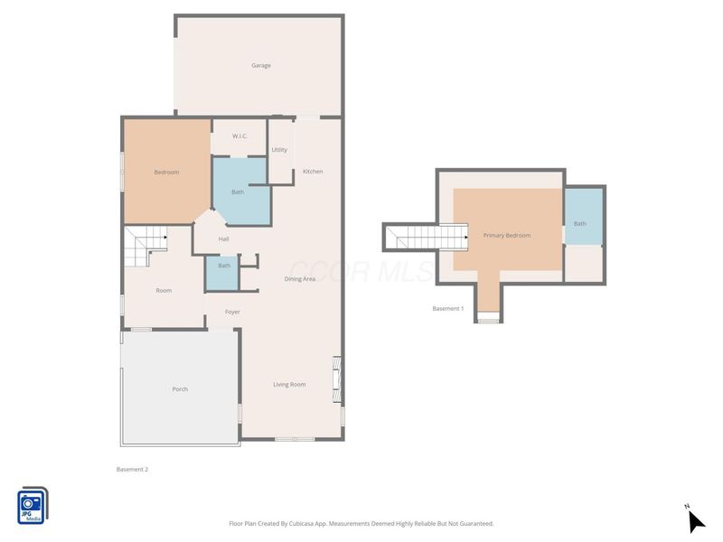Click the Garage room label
261,65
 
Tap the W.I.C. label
239,136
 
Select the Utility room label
279,150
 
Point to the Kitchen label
313,172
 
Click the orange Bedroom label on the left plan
166,172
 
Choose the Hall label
223,238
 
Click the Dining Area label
300,279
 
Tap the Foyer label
232,312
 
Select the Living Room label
289,385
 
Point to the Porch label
180,389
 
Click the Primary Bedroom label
507,236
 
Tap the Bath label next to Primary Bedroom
580,223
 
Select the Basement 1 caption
448,308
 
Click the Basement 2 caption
132,469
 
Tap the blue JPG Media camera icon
33,506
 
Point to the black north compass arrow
696,522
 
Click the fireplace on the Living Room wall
337,379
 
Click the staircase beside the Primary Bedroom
427,237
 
